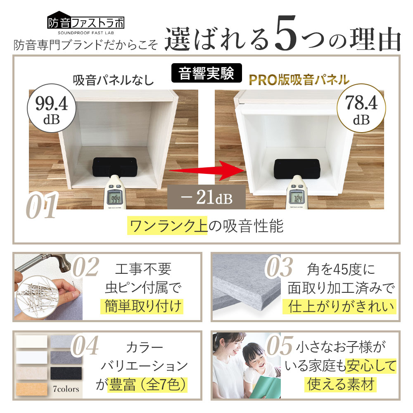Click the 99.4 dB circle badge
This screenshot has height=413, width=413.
(52, 108)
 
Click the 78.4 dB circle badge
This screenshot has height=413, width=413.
(361, 108)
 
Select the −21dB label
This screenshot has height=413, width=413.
(206, 197)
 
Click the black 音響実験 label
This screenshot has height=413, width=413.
(206, 73)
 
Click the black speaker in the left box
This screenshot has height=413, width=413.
(114, 167)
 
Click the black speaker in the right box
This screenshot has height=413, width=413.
(297, 169)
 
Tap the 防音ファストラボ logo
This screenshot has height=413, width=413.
(86, 23)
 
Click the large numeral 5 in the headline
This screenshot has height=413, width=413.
(286, 33)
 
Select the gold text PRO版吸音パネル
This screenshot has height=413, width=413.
(299, 80)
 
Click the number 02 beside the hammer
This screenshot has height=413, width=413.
(86, 267)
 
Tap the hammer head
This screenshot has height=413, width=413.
(64, 262)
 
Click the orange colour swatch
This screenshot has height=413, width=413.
(32, 389)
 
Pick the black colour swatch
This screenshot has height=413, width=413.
(66, 373)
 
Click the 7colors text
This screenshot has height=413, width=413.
(66, 389)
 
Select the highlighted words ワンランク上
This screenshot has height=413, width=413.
(168, 225)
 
